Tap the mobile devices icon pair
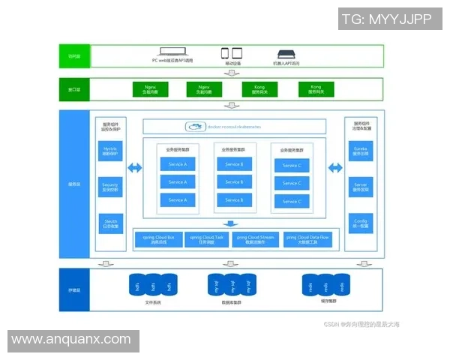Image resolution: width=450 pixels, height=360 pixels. pyautogui.click(x=231, y=53)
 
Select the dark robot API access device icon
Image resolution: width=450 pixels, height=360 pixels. pyautogui.click(x=286, y=54)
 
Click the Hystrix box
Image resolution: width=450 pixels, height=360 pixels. pyautogui.click(x=110, y=152)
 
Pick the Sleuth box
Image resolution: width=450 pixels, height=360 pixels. pyautogui.click(x=110, y=223)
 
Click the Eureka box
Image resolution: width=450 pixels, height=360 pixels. pyautogui.click(x=361, y=152)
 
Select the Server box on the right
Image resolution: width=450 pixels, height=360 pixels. pyautogui.click(x=361, y=185)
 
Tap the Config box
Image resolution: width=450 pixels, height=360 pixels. pyautogui.click(x=361, y=223)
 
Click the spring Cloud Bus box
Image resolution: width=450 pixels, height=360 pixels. pyautogui.click(x=158, y=240)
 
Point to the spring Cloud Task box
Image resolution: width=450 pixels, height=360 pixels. pyautogui.click(x=208, y=240)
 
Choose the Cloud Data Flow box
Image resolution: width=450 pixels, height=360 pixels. pyautogui.click(x=307, y=240)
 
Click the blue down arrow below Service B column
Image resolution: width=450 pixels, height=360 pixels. pyautogui.click(x=230, y=223)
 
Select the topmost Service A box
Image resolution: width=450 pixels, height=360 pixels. pyautogui.click(x=178, y=163)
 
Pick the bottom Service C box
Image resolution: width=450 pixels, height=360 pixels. pyautogui.click(x=292, y=201)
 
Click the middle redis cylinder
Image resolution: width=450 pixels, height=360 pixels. pyautogui.click(x=325, y=285)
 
